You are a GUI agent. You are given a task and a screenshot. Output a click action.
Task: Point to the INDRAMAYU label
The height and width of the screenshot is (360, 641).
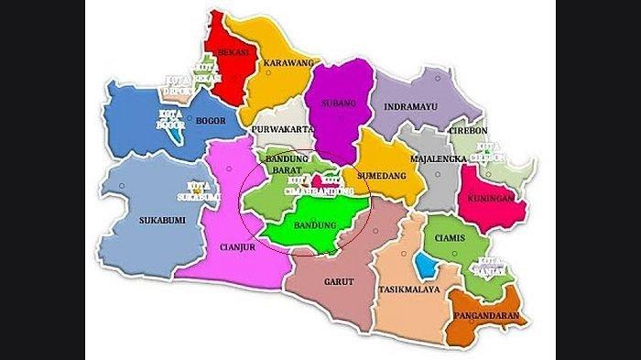pyautogui.click(x=412, y=106)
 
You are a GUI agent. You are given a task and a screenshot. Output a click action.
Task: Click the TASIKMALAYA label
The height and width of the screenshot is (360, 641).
pyautogui.click(x=408, y=290)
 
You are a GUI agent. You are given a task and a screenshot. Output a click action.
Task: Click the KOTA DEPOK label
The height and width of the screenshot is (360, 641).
pyautogui.click(x=179, y=82)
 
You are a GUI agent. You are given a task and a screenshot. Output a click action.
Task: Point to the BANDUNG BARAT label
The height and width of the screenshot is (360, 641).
pyautogui.click(x=285, y=164)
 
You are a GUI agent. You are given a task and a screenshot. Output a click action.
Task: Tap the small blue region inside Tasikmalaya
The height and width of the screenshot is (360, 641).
pyautogui.click(x=425, y=265)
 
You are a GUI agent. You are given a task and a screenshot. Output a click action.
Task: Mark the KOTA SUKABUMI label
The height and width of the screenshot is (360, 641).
pyautogui.click(x=189, y=190)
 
